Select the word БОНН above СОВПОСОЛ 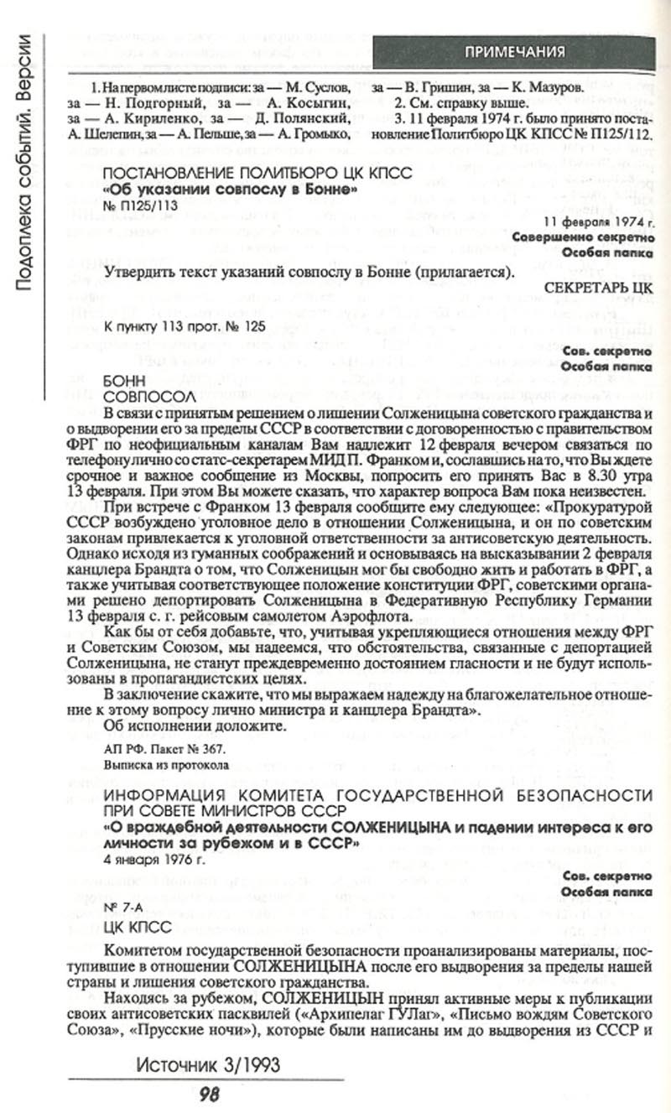pyautogui.click(x=121, y=380)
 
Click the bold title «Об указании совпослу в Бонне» pyautogui.click(x=229, y=189)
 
